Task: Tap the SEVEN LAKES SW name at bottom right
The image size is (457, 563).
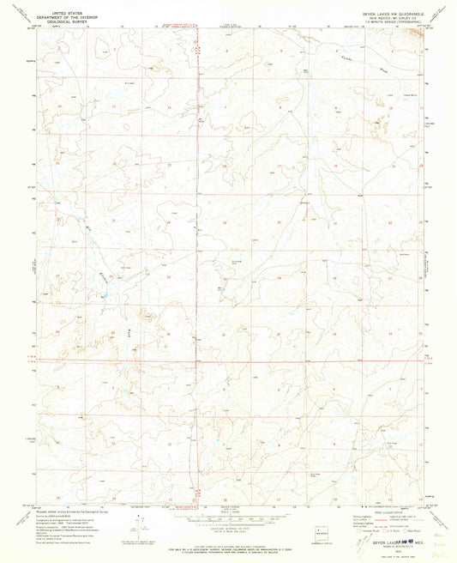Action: pyautogui.click(x=390, y=531)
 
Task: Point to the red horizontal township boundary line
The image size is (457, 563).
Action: pyautogui.click(x=257, y=361)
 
